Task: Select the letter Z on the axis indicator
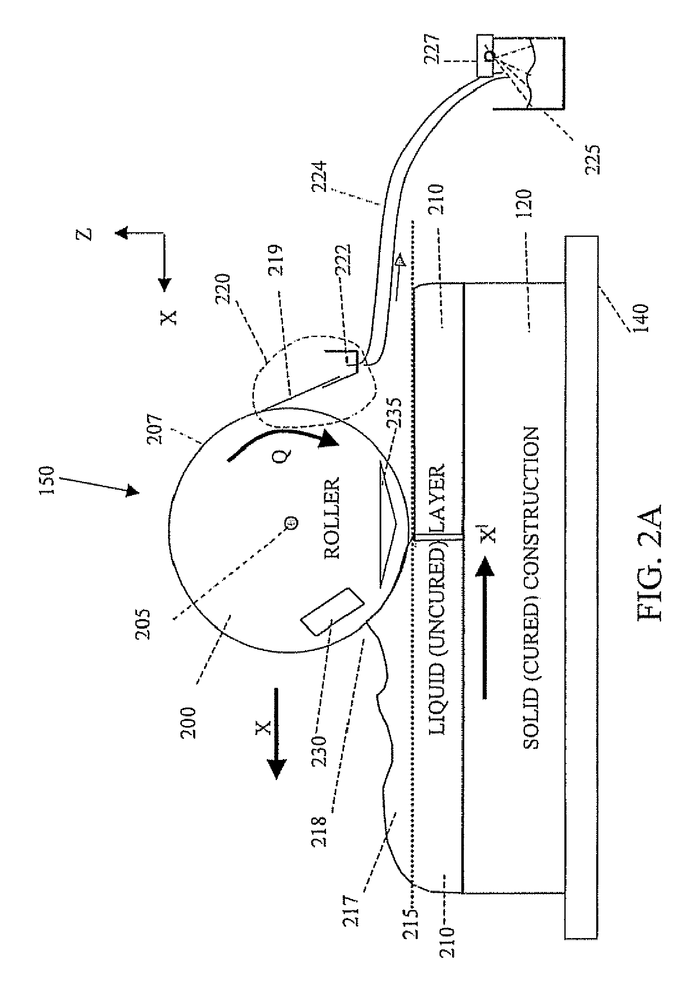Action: (x=87, y=234)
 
